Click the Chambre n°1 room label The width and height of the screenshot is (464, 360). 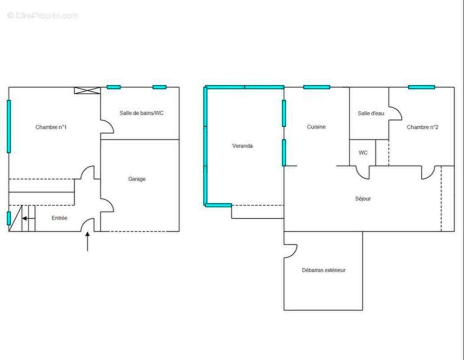coord(51,127)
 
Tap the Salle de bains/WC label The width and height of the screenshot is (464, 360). coord(141,113)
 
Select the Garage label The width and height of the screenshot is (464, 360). coord(137,179)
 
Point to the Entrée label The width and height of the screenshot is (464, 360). coord(59,218)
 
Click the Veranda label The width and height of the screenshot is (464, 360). coord(243,146)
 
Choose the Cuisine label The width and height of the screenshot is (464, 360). coord(316,127)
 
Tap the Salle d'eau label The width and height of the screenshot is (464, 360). coord(371,113)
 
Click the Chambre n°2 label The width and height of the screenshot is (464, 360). coord(423,127)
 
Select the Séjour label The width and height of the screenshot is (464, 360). coord(363,198)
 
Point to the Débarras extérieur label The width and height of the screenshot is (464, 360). coord(324,270)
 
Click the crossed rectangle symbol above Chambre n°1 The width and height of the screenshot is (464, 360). coord(87,90)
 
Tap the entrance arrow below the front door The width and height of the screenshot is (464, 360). coord(87,242)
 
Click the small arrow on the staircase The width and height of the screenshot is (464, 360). coord(28,218)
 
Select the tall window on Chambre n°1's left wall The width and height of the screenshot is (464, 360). coord(9,126)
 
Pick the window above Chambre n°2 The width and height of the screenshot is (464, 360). coord(421,87)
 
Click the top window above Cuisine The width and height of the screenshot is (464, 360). coord(317,87)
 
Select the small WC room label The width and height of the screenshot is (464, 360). coord(363,153)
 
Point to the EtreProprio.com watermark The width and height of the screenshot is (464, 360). coord(43,15)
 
